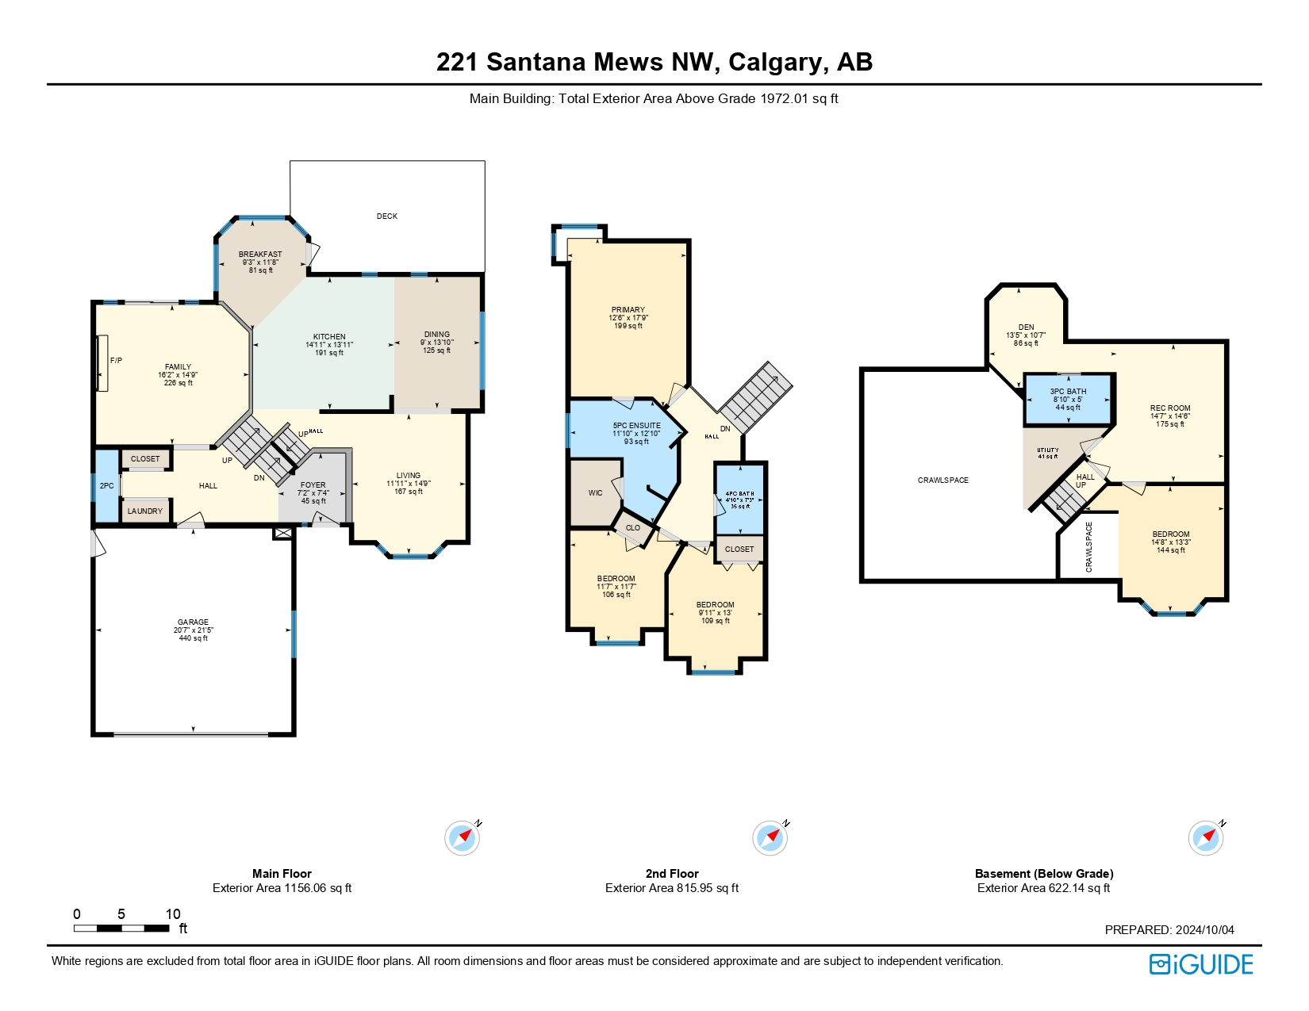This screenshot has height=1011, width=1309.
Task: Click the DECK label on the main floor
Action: click(387, 216)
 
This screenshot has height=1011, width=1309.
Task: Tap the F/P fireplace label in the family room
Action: click(116, 361)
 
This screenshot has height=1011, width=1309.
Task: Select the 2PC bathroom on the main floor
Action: click(106, 486)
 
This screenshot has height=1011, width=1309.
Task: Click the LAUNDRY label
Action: click(145, 511)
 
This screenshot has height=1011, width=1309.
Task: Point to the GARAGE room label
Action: click(193, 622)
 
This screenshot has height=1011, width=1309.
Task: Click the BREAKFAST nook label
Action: click(260, 255)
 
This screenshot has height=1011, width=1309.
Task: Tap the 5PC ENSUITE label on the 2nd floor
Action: click(636, 426)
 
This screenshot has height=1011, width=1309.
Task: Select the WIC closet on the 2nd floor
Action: click(595, 493)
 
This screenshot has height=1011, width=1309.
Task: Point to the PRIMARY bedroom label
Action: click(628, 310)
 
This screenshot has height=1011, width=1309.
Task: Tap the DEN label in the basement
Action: click(1026, 327)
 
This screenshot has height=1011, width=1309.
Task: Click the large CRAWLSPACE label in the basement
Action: click(942, 481)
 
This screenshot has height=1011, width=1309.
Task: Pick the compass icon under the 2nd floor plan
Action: click(770, 838)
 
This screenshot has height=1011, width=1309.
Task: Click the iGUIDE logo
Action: click(1200, 964)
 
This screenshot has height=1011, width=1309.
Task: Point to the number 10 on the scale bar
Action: click(173, 914)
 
